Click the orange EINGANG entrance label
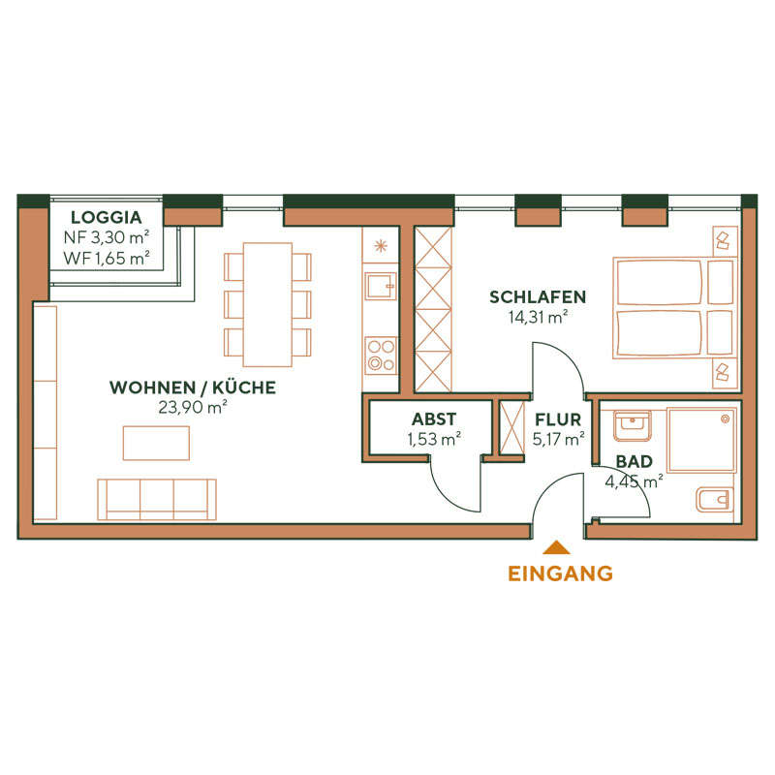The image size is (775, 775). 560,573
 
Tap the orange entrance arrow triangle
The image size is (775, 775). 560,549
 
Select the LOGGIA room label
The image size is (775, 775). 106,217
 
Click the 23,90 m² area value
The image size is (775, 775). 192,408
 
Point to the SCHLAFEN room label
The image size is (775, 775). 538,296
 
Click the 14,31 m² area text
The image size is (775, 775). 538,316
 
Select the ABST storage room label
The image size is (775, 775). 433,419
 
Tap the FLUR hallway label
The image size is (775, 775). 558,419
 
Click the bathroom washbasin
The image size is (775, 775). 633,422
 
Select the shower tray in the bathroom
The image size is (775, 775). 700,439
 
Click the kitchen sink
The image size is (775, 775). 380,285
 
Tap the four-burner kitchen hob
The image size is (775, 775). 380,354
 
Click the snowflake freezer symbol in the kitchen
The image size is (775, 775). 381,244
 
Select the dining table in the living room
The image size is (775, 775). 267,304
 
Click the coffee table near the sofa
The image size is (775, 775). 156,443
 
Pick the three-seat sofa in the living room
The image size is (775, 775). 156,498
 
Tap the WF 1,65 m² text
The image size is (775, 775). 106,258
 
